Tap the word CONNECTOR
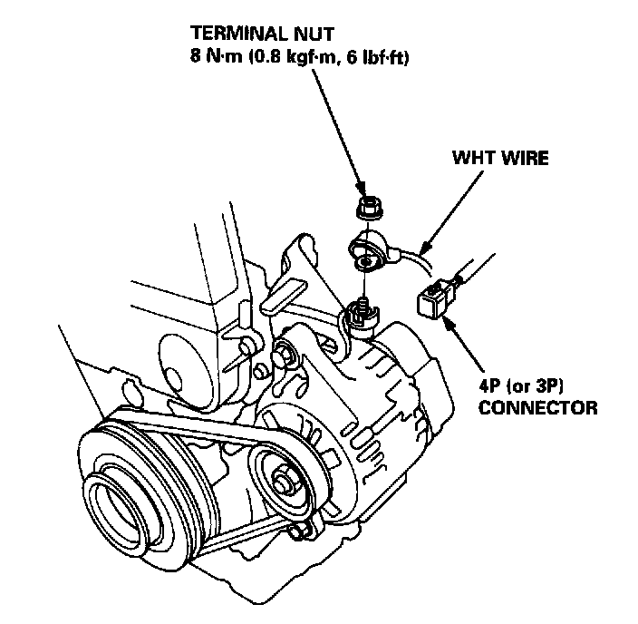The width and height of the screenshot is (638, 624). pos(538,407)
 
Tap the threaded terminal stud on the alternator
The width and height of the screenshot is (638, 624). pos(361,309)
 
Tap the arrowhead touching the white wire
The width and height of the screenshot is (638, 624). pos(427,244)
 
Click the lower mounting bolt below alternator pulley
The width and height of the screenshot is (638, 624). pos(302,529)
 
